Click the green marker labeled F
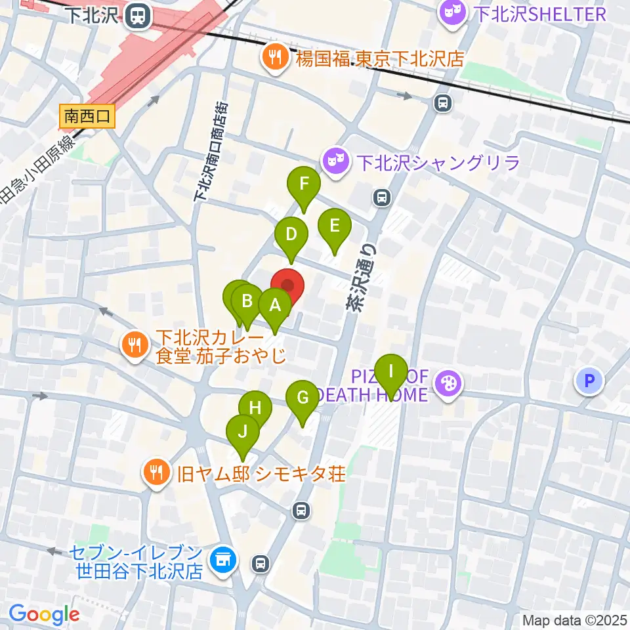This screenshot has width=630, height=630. click(303, 185)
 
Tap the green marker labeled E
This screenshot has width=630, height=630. click(334, 227)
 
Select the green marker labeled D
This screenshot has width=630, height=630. click(291, 234)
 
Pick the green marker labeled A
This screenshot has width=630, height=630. click(275, 305)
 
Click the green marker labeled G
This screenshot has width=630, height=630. click(303, 398)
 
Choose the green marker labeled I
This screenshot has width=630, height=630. click(391, 372)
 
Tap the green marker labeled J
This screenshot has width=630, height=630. click(243, 432)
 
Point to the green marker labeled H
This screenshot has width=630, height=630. click(255, 408)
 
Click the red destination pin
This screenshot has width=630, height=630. click(287, 285)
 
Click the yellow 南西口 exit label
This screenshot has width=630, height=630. click(87, 117)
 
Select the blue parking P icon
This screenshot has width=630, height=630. click(589, 380)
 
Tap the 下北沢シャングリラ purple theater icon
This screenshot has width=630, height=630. click(336, 161)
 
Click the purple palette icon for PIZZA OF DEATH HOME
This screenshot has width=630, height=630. click(448, 385)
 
